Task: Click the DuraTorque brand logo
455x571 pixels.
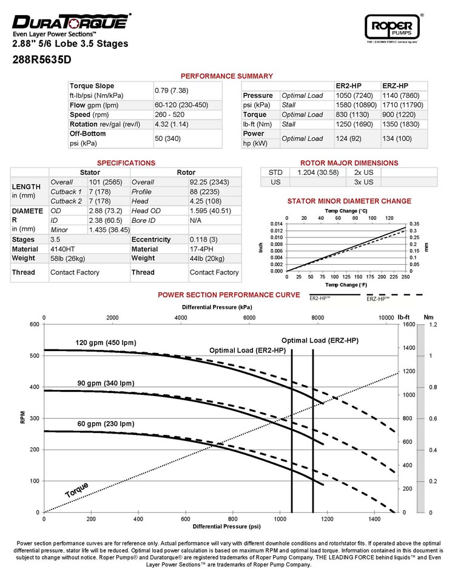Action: [x=70, y=22]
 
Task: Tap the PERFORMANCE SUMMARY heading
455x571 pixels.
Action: [x=227, y=76]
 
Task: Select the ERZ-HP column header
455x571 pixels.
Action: [x=395, y=86]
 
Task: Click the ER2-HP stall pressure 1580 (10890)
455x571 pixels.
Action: [x=357, y=105]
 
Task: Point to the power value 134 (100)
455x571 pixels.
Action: [x=394, y=138]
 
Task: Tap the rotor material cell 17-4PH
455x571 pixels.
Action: [x=202, y=249]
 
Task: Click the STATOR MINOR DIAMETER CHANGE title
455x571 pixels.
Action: [x=349, y=201]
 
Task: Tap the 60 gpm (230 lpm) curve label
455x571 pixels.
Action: [x=104, y=423]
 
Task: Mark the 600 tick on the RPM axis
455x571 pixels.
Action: [x=34, y=324]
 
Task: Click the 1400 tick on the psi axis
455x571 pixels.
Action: [x=376, y=519]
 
